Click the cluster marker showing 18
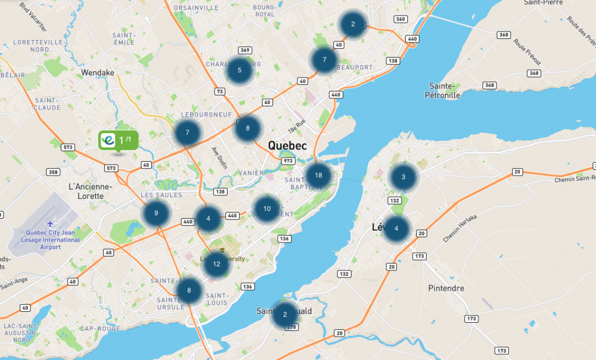point(318,175)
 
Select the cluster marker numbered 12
point(217,264)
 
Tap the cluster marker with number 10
point(267,208)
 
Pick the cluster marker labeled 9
point(156,213)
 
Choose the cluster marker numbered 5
point(239,70)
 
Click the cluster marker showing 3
point(403,177)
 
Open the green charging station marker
point(118,141)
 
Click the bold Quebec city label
point(288,145)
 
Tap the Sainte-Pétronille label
point(443,90)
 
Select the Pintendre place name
point(446,288)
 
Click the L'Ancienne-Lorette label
point(90,191)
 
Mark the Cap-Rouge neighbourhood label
point(96,328)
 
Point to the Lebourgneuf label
point(203,114)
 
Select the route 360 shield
point(400,19)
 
